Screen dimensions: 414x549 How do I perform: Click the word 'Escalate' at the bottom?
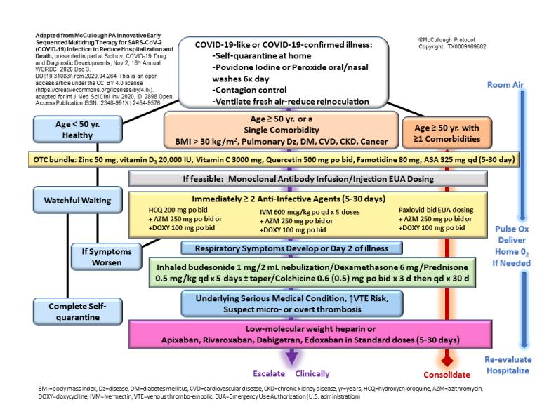(268, 373)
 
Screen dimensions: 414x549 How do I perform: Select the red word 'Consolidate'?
(445, 374)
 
